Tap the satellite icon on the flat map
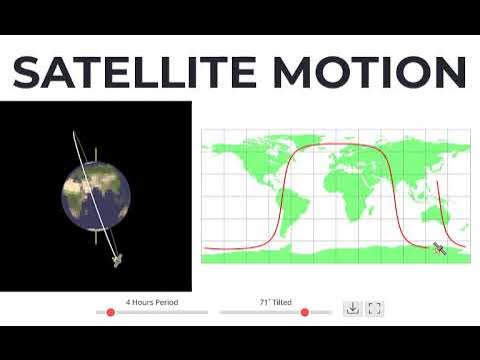438,248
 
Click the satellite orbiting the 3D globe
118,261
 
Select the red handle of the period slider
110,312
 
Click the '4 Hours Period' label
151,300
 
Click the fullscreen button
375,309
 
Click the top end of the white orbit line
75,132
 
